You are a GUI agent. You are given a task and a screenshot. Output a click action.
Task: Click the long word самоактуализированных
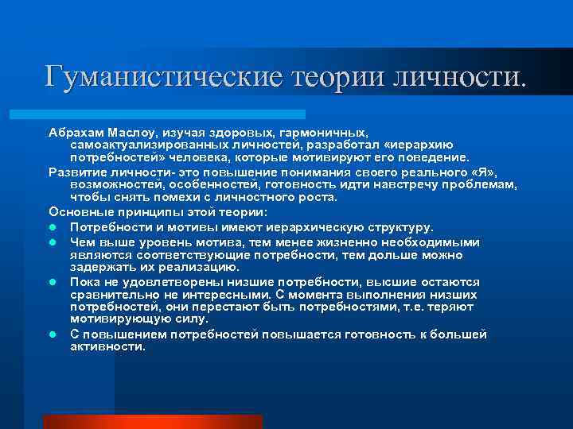[x=159, y=145]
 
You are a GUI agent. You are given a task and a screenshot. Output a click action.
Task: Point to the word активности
[x=107, y=346]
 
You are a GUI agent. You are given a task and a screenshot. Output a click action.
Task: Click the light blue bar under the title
[x=175, y=114]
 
